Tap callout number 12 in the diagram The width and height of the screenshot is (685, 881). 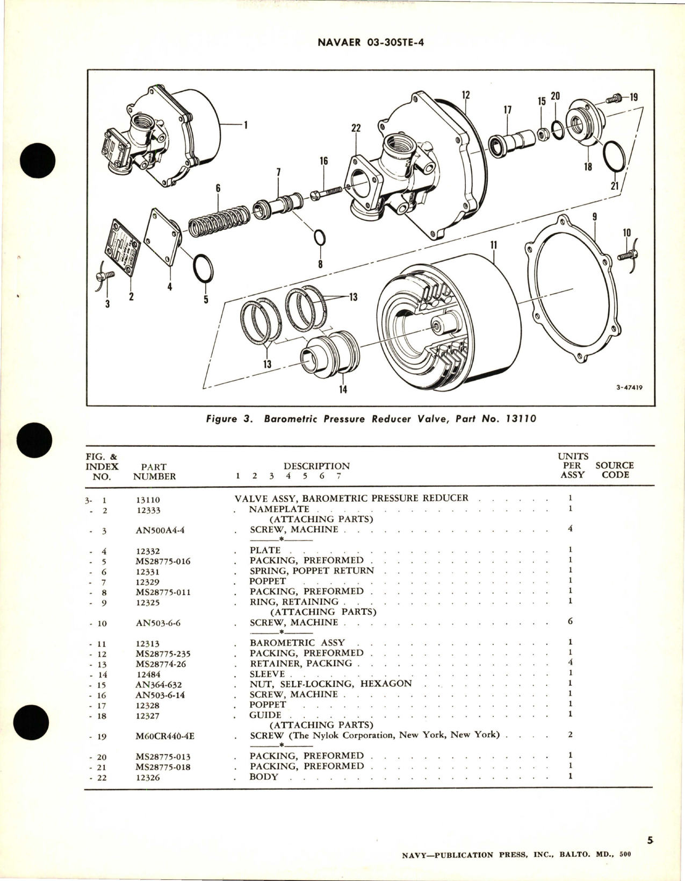465,95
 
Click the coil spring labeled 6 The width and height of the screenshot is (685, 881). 220,218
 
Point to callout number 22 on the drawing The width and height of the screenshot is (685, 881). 356,128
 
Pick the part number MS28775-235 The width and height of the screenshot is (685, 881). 163,654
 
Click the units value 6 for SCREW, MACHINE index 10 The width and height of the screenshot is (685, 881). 570,622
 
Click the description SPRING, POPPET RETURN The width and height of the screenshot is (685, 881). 311,571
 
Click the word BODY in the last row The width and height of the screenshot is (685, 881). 264,777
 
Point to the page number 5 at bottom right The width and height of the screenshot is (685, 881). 650,839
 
